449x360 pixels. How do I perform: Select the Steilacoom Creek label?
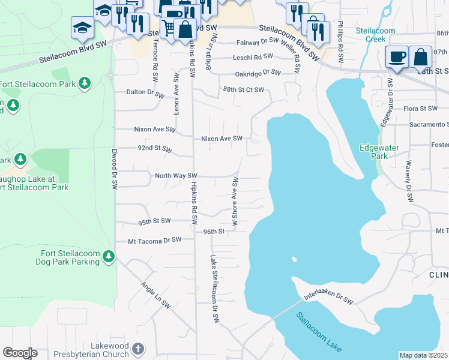[x=375, y=35]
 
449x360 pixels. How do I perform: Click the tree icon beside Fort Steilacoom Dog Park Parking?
[x=108, y=257]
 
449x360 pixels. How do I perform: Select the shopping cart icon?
[x=169, y=28]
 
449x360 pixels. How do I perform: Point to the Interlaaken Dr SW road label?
[x=328, y=298]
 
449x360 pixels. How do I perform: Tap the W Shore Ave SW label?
[x=236, y=202]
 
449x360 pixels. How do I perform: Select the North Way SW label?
[x=176, y=176]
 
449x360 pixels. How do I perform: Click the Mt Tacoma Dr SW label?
[x=154, y=240]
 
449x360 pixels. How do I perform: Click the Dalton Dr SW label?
[x=145, y=93]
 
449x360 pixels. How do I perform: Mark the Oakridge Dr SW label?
[x=258, y=73]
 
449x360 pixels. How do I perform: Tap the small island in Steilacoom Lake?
[x=294, y=260]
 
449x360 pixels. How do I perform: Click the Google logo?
[x=20, y=353]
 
